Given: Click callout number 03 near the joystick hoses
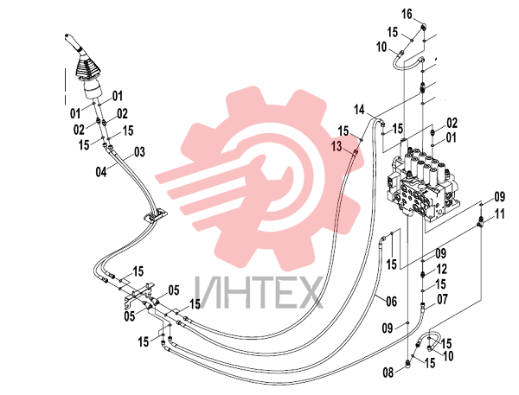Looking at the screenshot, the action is (139, 152).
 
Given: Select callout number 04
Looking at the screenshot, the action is (101, 172).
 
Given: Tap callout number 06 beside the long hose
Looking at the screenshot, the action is (391, 302).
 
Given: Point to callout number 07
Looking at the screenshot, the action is (443, 299).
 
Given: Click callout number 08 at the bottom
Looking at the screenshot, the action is (388, 373).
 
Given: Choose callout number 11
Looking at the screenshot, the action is (499, 214).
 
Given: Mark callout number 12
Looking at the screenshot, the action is (442, 269).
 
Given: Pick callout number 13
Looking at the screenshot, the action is (336, 146).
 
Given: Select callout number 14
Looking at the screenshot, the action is (359, 110).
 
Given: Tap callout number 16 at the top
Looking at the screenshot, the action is (407, 14).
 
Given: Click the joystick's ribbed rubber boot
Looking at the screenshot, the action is (87, 68).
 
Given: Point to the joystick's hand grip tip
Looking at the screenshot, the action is (67, 35).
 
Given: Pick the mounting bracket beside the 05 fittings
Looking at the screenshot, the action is (139, 293).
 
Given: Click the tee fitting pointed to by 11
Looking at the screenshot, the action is (481, 221).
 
